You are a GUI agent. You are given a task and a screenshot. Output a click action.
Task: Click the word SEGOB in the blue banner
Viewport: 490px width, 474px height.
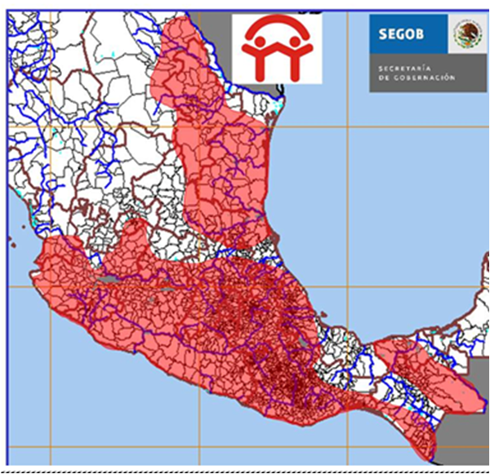[400, 35]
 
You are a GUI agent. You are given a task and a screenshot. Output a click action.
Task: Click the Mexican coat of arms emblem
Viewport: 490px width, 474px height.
[468, 35]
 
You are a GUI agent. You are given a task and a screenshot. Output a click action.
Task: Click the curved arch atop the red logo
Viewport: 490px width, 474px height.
[277, 26]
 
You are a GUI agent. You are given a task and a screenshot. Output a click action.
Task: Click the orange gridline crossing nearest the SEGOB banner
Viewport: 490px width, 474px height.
[348, 126]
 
